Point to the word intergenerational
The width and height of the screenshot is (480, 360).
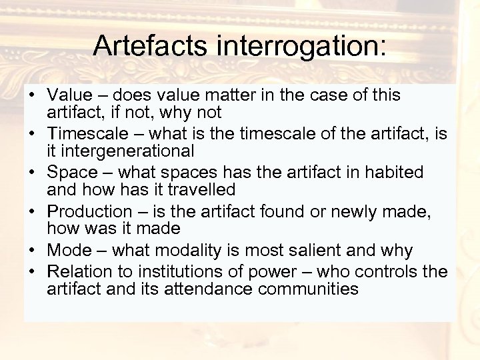[121, 151]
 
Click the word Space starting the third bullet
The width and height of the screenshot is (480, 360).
[73, 173]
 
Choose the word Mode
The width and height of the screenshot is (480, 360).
[69, 251]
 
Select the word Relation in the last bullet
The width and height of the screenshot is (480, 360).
[79, 272]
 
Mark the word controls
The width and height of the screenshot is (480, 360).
[391, 272]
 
